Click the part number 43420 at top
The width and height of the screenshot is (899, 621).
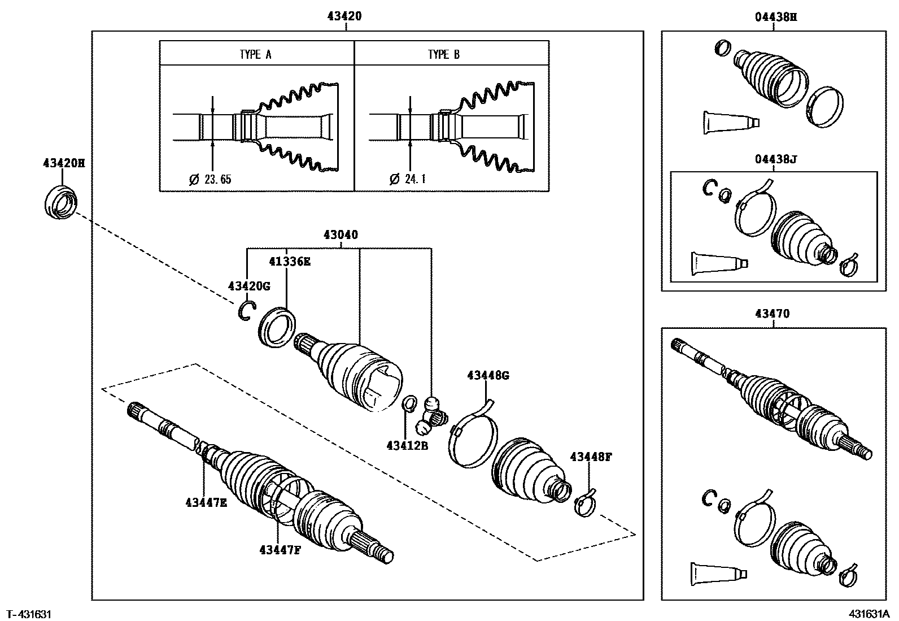344,17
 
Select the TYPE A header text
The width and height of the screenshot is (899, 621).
255,54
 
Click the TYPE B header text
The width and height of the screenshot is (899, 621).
444,54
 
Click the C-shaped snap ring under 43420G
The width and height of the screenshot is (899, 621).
246,311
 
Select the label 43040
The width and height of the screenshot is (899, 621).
341,234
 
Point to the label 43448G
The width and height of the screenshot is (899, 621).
488,375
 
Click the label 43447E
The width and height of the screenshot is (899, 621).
206,502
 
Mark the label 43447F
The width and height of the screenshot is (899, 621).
280,549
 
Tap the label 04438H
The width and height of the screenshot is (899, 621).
776,17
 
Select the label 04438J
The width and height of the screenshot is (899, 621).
775,159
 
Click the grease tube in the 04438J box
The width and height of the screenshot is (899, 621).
719,263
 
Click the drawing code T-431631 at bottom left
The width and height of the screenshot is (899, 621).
29,614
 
